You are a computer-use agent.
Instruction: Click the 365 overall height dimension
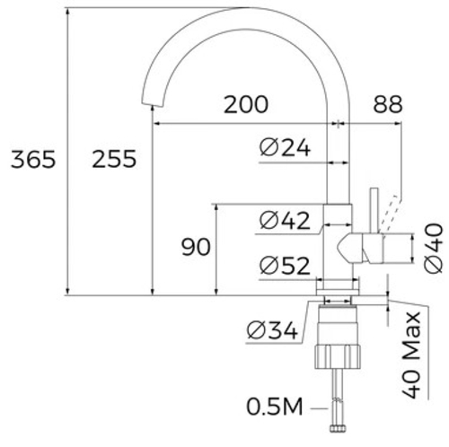[33, 159]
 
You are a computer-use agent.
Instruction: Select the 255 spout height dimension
[114, 159]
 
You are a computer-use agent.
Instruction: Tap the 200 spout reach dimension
[246, 104]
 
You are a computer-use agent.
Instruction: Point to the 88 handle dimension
[388, 104]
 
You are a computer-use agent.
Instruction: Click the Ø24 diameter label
[285, 147]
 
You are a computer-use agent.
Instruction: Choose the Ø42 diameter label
[285, 221]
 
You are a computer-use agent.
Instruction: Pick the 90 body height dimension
[196, 247]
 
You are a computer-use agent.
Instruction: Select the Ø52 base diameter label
[285, 266]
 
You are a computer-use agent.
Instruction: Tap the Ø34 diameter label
[272, 330]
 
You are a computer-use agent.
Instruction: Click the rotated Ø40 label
[433, 248]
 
